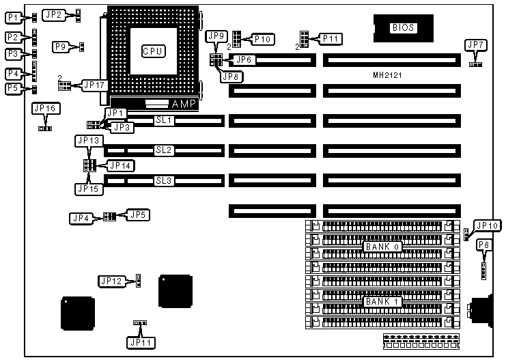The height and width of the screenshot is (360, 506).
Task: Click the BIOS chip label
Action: (403, 28)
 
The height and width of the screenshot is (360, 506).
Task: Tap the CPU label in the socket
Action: (153, 51)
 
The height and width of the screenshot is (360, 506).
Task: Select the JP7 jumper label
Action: (475, 45)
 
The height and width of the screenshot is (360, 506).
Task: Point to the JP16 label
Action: (44, 109)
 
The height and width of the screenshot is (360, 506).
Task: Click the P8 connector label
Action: (483, 245)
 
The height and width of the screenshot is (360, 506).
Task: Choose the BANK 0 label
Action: (382, 246)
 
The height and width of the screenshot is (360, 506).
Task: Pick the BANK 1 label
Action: (382, 301)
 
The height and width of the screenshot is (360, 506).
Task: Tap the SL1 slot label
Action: (164, 120)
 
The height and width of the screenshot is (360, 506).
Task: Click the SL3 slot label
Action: (164, 181)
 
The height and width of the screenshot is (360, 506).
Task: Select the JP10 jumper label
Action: (488, 225)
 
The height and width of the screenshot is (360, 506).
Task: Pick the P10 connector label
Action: (263, 39)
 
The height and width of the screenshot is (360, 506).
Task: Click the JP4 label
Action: (81, 218)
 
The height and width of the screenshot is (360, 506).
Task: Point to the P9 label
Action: (61, 47)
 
